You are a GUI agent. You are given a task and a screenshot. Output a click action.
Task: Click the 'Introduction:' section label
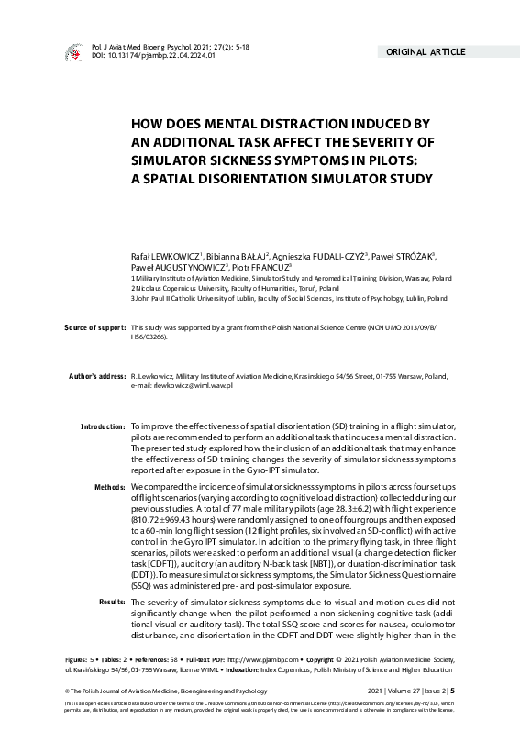click(x=102, y=427)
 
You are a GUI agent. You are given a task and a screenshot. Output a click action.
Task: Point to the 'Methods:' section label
click(x=108, y=484)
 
